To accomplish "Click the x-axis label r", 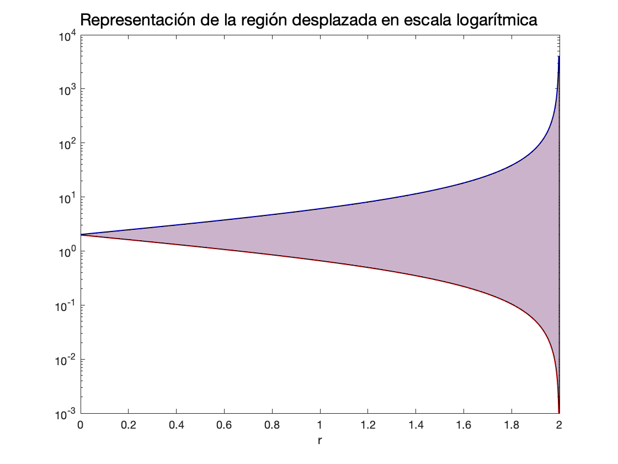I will coord(320,441).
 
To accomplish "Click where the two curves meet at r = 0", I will coord(81,235).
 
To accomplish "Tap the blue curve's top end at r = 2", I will coord(559,56).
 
